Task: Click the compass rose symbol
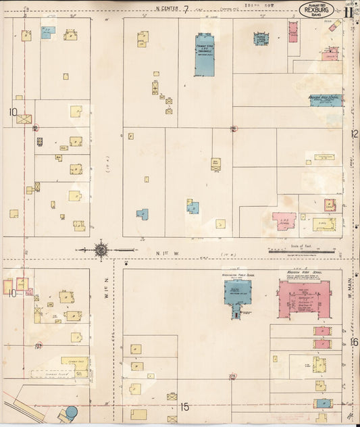coord(101,250)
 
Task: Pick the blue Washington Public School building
coord(237,295)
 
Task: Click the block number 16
coord(354,342)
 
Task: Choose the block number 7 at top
coord(184,8)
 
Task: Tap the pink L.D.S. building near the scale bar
coord(284,220)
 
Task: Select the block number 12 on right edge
coord(355,134)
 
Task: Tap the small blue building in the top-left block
coord(47,32)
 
